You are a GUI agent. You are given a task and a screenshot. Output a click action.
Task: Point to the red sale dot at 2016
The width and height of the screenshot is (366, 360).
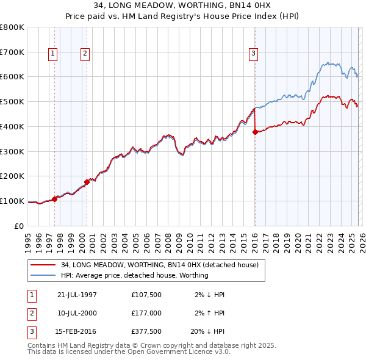tap(254, 132)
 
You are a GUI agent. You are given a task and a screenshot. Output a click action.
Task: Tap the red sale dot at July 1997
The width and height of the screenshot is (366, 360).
tap(55, 199)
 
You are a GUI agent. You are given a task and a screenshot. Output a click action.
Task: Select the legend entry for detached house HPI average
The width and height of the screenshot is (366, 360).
tap(134, 275)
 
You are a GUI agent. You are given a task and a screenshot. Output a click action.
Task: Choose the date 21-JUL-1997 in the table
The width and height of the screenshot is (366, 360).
tap(77, 295)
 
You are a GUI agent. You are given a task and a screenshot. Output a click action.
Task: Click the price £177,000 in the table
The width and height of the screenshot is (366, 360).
tap(146, 314)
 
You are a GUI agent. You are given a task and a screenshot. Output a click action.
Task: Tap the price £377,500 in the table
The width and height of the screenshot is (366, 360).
tap(146, 333)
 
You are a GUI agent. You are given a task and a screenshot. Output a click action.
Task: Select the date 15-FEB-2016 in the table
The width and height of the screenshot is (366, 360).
tap(77, 333)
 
